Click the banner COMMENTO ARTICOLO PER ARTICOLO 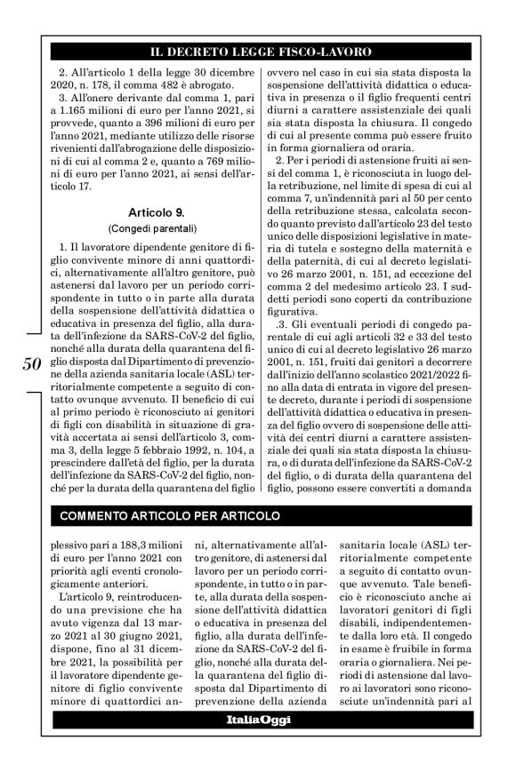point(169,515)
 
